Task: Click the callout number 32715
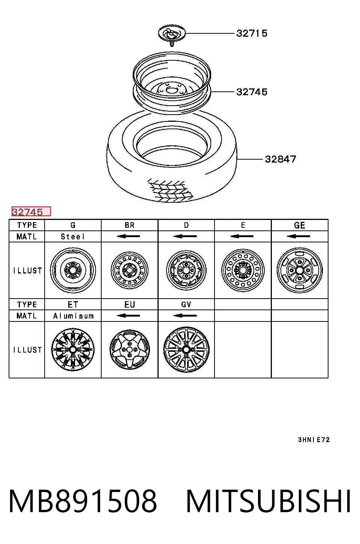click(x=252, y=33)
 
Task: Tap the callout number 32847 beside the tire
click(x=280, y=159)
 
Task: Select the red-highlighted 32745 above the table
click(x=31, y=212)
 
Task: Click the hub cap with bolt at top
click(x=172, y=35)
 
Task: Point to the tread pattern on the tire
click(x=170, y=191)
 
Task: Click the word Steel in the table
click(x=73, y=236)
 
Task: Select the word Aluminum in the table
click(x=73, y=316)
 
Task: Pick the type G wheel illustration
click(x=73, y=270)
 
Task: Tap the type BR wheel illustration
click(x=129, y=270)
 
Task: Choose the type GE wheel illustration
click(x=300, y=270)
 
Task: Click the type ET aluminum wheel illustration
click(x=73, y=350)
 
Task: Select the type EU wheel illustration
click(x=129, y=350)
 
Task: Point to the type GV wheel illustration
click(x=186, y=350)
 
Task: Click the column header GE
click(x=300, y=225)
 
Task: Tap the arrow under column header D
click(x=185, y=236)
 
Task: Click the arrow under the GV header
click(x=185, y=316)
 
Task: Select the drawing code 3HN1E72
click(x=314, y=439)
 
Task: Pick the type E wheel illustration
click(x=243, y=270)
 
